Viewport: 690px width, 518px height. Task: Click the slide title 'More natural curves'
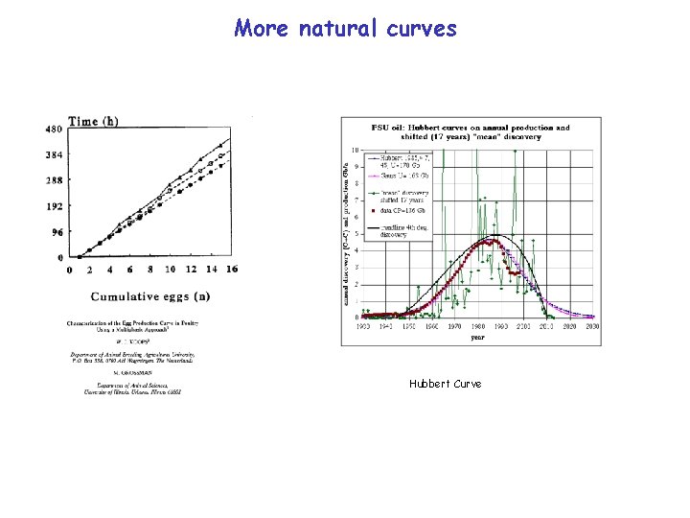(345, 29)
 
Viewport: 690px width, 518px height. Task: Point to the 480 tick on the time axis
(56, 129)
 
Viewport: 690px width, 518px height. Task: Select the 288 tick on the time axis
(56, 180)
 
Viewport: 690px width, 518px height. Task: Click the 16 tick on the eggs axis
(232, 270)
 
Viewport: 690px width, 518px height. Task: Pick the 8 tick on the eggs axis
(151, 270)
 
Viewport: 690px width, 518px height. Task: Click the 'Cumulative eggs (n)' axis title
(151, 295)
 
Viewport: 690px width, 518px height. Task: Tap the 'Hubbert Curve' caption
(445, 384)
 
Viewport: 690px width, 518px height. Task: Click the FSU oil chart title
(471, 131)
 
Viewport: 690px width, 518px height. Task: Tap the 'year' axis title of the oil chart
(477, 337)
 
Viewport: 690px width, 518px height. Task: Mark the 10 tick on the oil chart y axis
(356, 151)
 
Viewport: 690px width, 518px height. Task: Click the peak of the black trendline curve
(494, 235)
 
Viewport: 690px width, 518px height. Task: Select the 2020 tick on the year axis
(568, 326)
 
